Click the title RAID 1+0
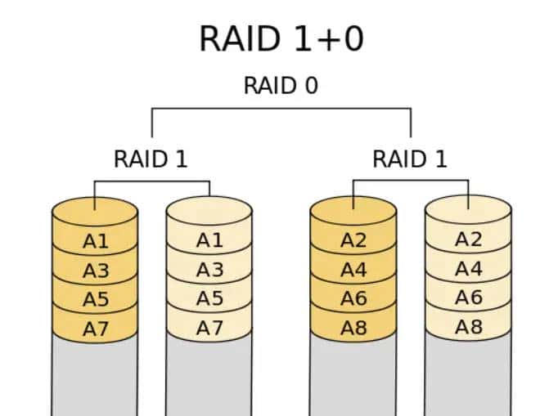281,38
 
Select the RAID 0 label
281,85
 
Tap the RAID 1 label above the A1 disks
151,159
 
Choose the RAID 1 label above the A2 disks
409,159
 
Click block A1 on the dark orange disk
95,241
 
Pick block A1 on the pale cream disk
209,240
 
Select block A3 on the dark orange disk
95,271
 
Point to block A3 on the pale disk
209,270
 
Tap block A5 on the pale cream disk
209,299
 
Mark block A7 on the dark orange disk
95,329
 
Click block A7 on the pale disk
209,328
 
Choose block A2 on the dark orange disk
353,240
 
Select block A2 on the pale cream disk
468,239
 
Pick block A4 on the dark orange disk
353,270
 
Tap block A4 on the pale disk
468,269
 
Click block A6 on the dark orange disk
353,299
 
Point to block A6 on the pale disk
468,298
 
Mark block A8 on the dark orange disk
353,329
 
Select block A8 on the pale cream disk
468,328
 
